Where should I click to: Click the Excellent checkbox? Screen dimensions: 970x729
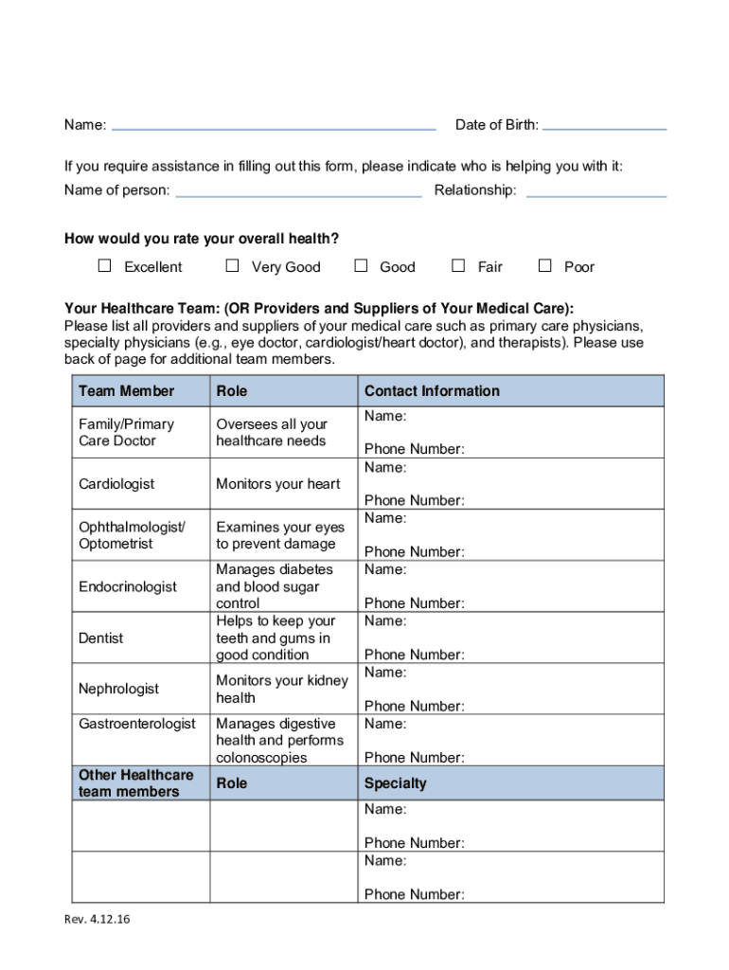tap(105, 266)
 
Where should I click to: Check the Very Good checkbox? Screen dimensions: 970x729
tap(233, 266)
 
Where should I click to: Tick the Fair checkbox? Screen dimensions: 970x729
tap(458, 266)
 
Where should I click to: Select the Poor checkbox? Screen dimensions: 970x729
tap(544, 266)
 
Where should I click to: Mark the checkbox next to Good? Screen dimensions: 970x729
tap(361, 266)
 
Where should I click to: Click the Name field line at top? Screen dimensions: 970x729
tap(274, 127)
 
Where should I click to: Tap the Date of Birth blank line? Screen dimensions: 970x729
tap(605, 127)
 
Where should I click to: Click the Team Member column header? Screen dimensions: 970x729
tap(127, 391)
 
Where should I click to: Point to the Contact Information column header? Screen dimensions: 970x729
tap(432, 391)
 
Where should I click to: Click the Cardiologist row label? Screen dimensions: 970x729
tap(116, 484)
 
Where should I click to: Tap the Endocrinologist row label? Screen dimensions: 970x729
tap(128, 586)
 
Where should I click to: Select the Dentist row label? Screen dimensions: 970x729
tap(101, 638)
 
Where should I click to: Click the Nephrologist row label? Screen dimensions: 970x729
tap(119, 689)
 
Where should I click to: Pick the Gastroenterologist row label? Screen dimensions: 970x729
tap(137, 724)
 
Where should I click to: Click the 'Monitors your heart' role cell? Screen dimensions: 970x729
tap(277, 484)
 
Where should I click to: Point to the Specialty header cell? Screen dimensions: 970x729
tap(396, 783)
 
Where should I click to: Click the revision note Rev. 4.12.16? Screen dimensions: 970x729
tap(98, 918)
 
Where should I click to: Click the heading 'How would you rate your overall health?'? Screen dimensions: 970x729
tap(202, 238)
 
